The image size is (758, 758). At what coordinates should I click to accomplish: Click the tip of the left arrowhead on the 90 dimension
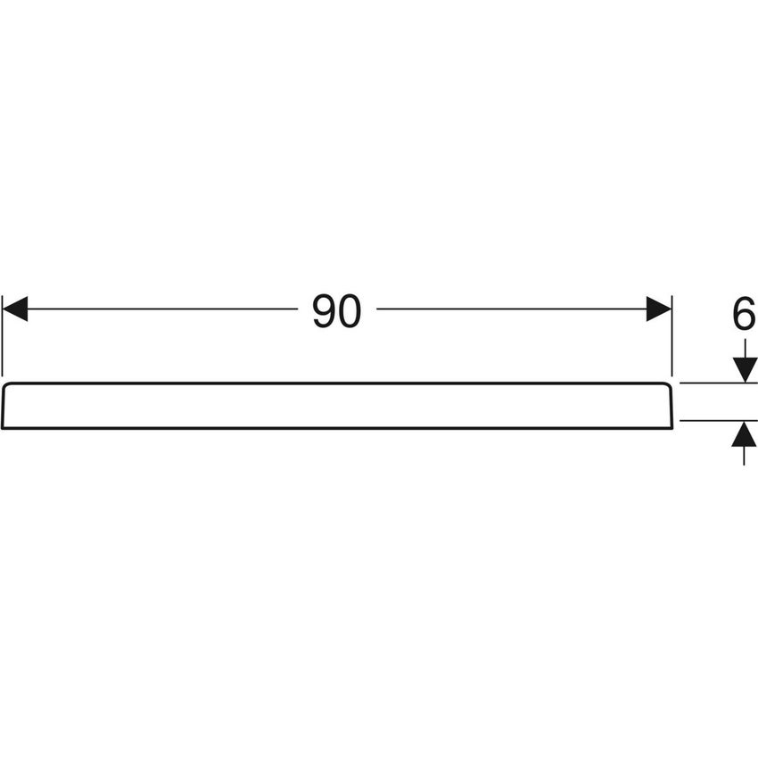coord(3,309)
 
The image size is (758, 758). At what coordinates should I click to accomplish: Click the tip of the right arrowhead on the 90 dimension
coord(671,309)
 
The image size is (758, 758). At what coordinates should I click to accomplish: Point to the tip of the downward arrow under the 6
coord(745,383)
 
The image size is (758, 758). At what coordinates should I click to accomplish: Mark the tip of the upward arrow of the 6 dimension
coord(744,422)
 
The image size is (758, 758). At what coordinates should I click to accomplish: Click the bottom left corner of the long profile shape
coord(3,428)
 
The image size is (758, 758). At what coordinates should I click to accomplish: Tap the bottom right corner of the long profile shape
coord(672,428)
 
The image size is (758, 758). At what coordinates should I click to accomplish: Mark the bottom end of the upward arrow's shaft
coord(744,465)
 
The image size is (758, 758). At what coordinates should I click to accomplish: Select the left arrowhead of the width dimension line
coord(15,309)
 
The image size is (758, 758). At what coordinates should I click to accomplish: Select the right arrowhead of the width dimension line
coord(659,309)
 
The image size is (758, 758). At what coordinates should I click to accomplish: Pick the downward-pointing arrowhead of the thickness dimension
coord(745,370)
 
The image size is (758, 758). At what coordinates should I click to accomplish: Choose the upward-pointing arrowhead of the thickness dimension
coord(744,433)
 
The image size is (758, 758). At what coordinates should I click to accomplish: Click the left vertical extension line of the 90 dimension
coord(3,336)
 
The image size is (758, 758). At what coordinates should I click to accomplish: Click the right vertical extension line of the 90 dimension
coord(672,336)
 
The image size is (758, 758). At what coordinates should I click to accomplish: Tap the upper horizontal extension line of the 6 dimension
coord(719,383)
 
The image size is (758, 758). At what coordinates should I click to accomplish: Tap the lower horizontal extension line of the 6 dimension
coord(719,421)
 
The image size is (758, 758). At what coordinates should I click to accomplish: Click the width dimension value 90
coord(337,311)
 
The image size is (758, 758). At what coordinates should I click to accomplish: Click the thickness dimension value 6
coord(744,314)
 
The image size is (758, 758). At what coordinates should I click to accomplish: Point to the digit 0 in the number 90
coord(350,311)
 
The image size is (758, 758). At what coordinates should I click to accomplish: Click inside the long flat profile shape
coord(337,406)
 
